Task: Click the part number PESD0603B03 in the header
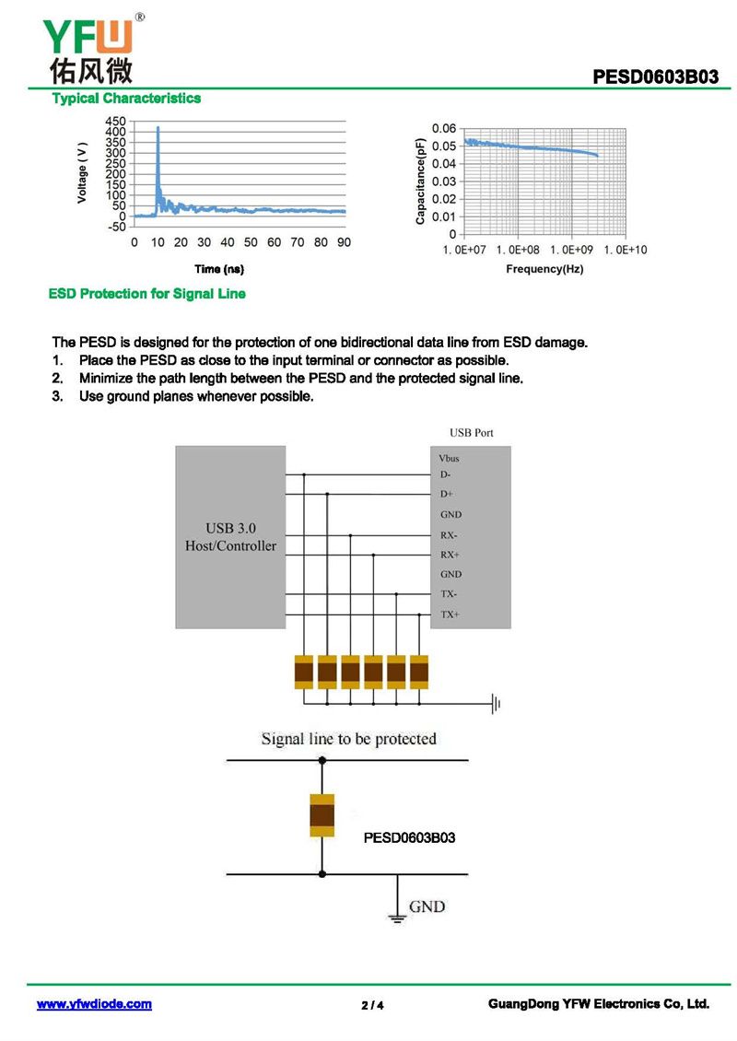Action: [x=655, y=76]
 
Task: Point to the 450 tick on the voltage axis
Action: [x=116, y=121]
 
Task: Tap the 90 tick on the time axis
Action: [x=344, y=242]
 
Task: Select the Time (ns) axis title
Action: [x=218, y=269]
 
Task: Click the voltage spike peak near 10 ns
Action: [x=158, y=127]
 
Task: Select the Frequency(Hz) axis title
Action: [x=544, y=269]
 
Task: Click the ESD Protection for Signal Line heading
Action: [x=146, y=294]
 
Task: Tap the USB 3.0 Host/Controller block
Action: [x=230, y=537]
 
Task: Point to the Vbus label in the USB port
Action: [x=450, y=458]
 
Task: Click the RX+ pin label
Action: [x=450, y=555]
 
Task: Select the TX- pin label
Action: [x=449, y=594]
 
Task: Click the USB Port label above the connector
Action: [x=472, y=432]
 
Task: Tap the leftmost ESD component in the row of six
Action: [x=304, y=672]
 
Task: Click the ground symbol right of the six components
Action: [x=496, y=705]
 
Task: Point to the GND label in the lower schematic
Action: [x=427, y=906]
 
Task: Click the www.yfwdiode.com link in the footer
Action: [x=94, y=1004]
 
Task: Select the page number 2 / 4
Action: [x=372, y=1005]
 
